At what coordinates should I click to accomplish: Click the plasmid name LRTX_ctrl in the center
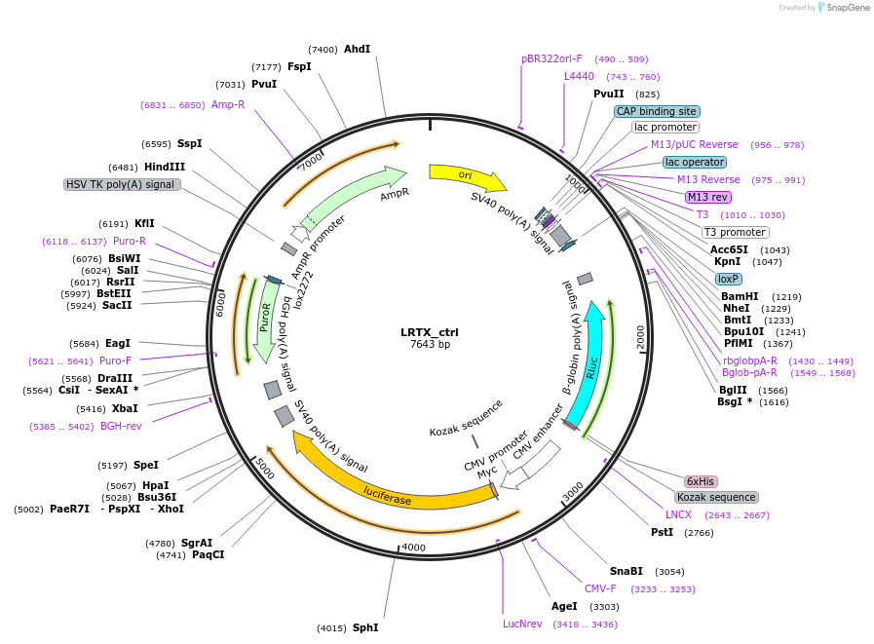[x=429, y=332]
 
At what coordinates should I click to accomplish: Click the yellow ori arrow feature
[x=467, y=175]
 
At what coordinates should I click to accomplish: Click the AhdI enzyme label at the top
[x=357, y=49]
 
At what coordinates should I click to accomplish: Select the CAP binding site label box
[x=656, y=111]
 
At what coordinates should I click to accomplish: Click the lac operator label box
[x=694, y=162]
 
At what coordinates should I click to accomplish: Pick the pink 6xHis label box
[x=701, y=481]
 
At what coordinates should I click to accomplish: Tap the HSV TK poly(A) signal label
[x=121, y=184]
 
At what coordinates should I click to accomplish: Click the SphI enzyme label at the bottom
[x=364, y=627]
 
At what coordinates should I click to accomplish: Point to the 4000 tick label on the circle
[x=413, y=548]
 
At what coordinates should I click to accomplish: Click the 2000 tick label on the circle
[x=640, y=337]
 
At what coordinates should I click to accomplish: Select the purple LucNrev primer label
[x=522, y=624]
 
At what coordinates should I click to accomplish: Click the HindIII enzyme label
[x=166, y=167]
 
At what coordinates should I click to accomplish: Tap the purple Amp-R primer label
[x=228, y=104]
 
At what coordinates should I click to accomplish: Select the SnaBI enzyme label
[x=627, y=571]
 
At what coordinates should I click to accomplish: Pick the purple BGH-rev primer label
[x=121, y=426]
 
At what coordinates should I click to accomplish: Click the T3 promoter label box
[x=735, y=232]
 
